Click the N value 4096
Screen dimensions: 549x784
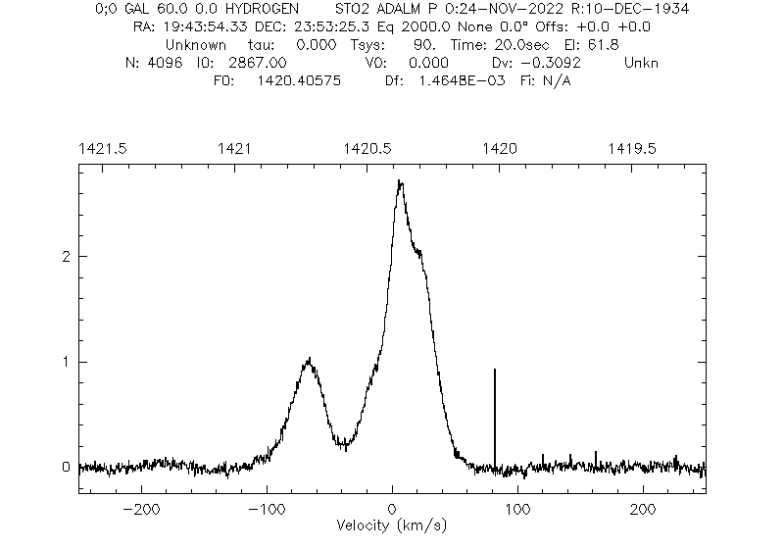pyautogui.click(x=168, y=63)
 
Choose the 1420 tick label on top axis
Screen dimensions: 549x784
pyautogui.click(x=500, y=148)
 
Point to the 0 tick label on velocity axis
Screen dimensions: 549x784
pyautogui.click(x=392, y=511)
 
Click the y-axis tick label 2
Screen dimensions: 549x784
pyautogui.click(x=67, y=257)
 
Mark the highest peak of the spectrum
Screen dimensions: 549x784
pyautogui.click(x=399, y=181)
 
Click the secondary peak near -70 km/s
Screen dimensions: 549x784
pyautogui.click(x=309, y=360)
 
